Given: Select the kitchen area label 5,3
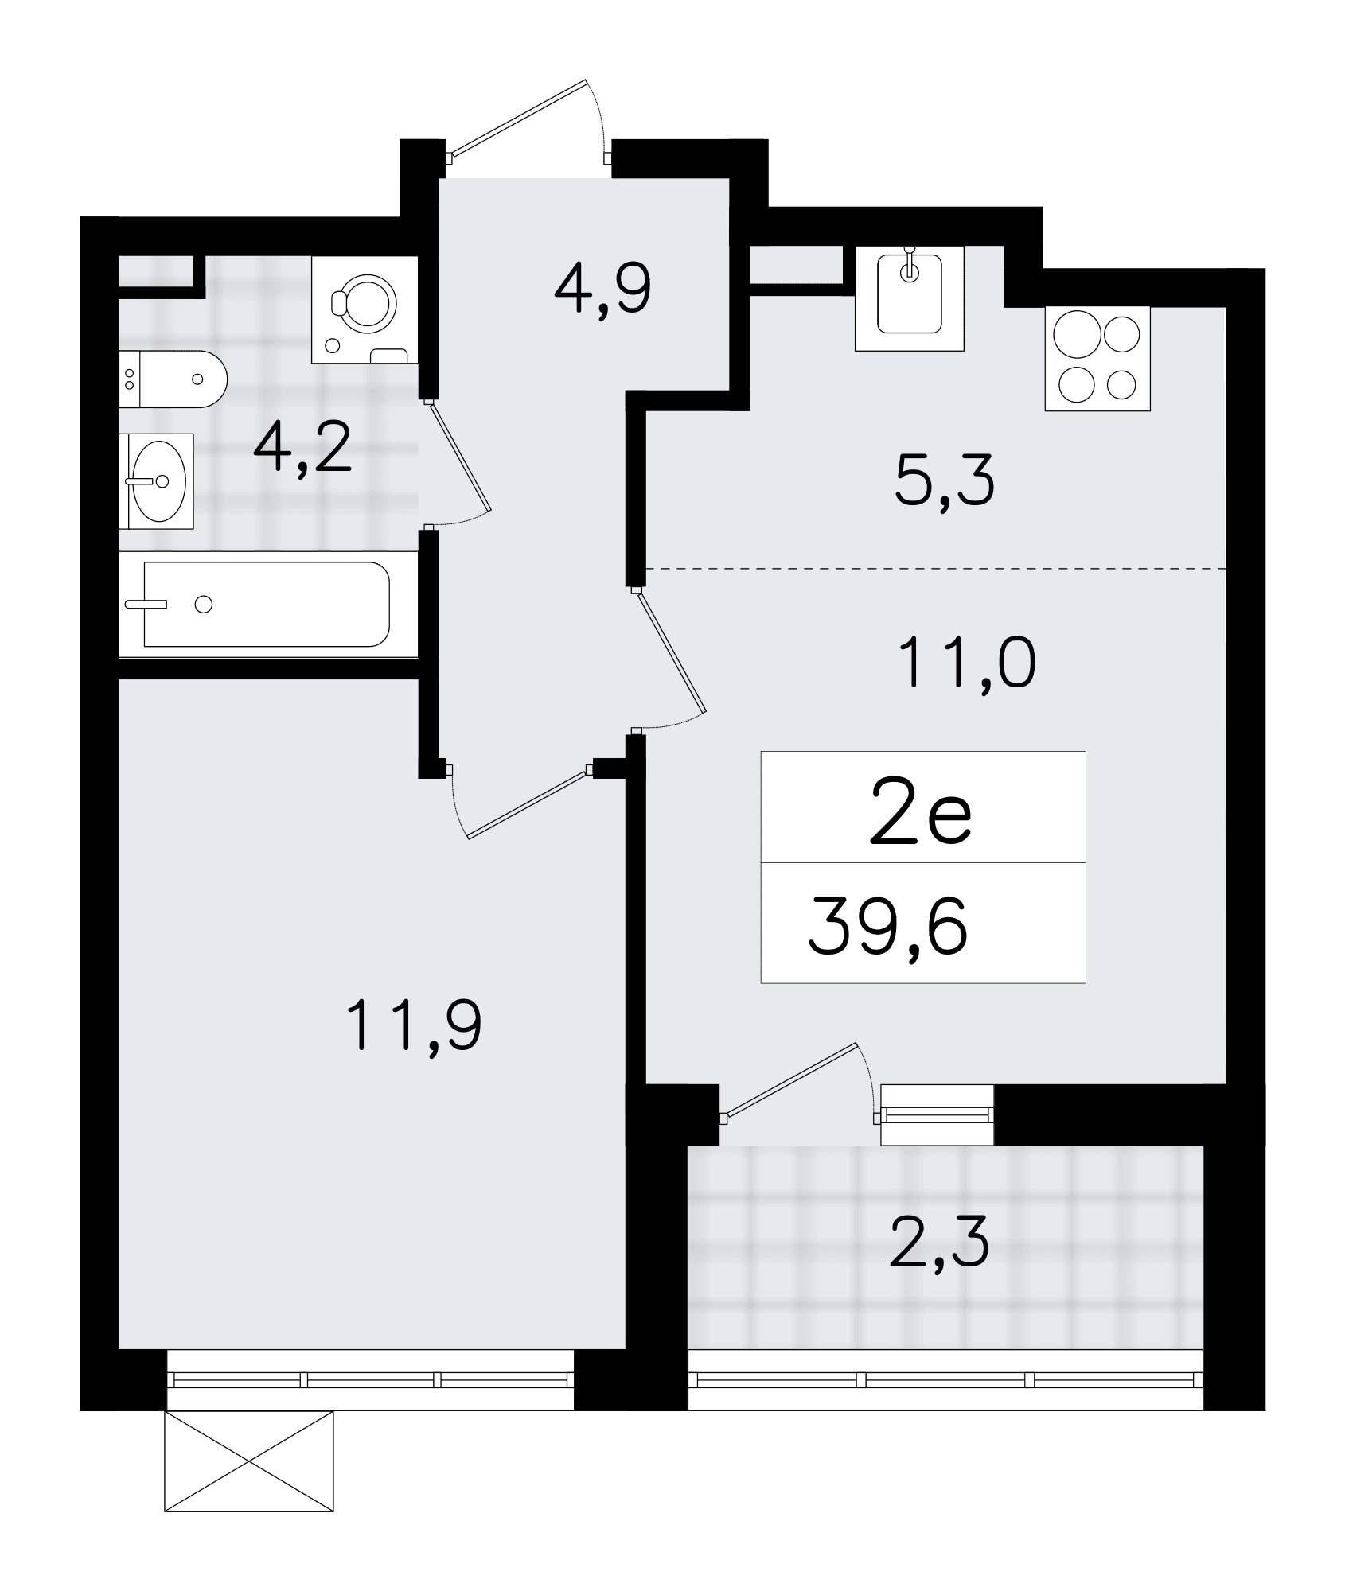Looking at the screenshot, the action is [x=945, y=482].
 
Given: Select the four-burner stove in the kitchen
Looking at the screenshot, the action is [x=1097, y=360].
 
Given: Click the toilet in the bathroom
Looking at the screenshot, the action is [x=173, y=379].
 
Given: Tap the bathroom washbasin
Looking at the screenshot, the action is [x=157, y=481].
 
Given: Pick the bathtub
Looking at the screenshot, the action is [x=268, y=605].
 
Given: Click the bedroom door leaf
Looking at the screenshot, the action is [x=528, y=804].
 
